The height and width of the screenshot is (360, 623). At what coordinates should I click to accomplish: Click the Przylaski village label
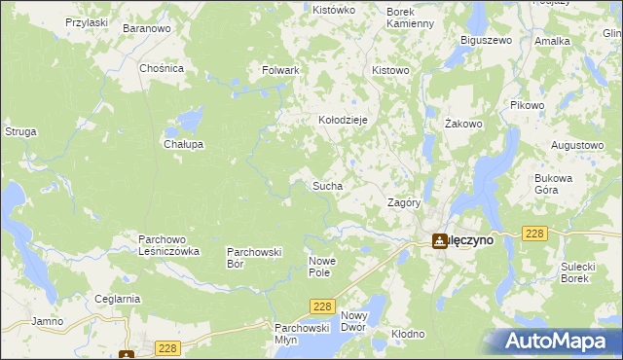[x=86, y=21]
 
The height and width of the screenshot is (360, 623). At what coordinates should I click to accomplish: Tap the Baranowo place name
[x=147, y=29]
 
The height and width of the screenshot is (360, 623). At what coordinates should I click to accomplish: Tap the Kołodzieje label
[x=343, y=120]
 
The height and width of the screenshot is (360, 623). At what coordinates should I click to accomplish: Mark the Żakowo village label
[x=463, y=124]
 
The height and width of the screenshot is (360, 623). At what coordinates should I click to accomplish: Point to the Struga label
[x=20, y=130]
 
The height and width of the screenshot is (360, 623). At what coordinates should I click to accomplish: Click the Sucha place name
[x=326, y=184]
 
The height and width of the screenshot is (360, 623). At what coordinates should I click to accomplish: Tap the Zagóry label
[x=404, y=203]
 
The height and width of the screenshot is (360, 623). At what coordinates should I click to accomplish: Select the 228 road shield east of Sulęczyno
[x=533, y=234]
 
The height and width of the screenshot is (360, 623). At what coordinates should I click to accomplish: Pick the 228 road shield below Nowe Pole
[x=323, y=306]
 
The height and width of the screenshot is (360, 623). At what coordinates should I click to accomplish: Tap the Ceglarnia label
[x=118, y=299]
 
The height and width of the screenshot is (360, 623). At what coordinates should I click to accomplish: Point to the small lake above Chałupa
[x=187, y=123]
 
